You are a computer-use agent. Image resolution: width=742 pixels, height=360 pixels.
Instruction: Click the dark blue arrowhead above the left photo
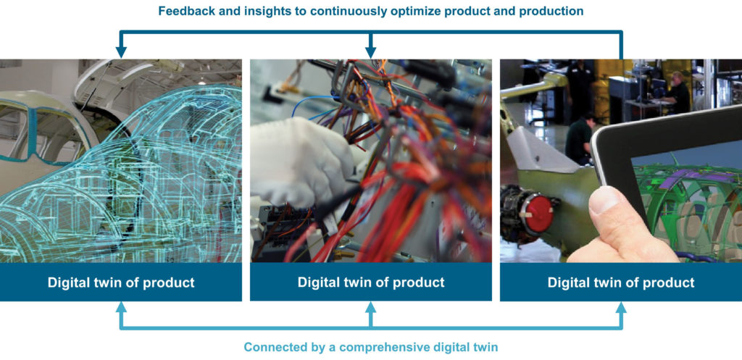(x=121, y=51)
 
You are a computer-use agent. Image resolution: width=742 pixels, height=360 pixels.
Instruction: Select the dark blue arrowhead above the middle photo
(x=371, y=51)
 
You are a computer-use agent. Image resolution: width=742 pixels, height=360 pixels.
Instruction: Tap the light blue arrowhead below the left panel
(x=121, y=308)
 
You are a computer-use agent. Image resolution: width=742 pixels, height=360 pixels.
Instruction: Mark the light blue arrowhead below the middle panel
(x=371, y=308)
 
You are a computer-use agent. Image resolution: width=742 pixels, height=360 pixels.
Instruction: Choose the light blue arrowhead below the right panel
(x=621, y=308)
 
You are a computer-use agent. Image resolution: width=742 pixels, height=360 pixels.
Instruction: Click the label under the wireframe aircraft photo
(x=121, y=282)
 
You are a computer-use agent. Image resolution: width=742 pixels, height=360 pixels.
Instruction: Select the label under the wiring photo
(x=371, y=282)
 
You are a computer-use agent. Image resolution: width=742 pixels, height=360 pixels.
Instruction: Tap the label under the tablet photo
(x=621, y=282)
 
